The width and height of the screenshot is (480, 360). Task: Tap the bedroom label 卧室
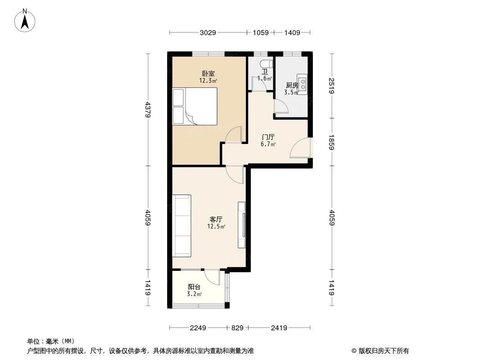click(208, 74)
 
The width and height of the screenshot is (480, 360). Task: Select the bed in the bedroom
click(195, 106)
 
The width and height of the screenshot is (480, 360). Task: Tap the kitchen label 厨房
click(291, 85)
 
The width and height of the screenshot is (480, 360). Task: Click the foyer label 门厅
click(268, 137)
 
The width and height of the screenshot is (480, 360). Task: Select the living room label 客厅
click(216, 219)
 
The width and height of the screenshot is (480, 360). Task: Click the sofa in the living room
click(182, 225)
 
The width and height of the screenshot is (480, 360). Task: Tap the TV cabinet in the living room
click(242, 225)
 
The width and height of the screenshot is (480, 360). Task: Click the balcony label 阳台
click(194, 287)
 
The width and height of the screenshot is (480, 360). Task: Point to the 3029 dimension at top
click(208, 32)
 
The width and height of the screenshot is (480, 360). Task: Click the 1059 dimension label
click(261, 32)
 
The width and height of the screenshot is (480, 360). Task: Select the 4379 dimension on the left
click(148, 109)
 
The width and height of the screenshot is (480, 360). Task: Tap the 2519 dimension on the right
click(332, 85)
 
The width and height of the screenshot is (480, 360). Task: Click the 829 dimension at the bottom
click(238, 328)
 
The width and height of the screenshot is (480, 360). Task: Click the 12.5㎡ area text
click(216, 226)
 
